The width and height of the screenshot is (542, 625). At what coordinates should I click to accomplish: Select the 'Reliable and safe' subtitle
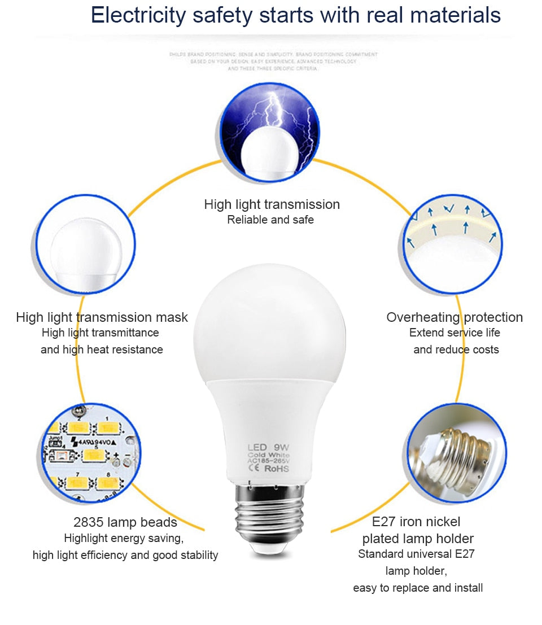point(270,220)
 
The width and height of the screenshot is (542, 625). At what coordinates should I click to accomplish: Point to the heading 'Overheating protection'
point(454,317)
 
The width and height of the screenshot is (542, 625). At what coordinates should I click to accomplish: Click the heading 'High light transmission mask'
point(102,317)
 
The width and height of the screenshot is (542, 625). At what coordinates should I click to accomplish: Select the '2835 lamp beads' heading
point(125,522)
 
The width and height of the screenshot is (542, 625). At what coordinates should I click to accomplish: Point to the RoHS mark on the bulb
point(276,468)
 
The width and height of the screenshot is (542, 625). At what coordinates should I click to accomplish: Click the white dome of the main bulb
point(269,322)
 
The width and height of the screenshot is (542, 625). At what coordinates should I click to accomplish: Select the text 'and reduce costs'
point(456,350)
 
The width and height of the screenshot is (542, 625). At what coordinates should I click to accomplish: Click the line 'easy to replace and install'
point(418,588)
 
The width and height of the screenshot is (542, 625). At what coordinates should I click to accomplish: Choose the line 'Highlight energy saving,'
point(124,538)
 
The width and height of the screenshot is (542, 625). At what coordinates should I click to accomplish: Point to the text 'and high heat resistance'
point(102,350)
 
